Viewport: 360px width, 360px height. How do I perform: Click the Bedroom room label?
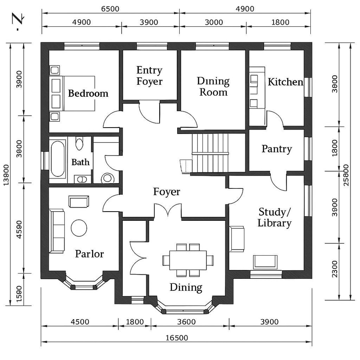(88, 94)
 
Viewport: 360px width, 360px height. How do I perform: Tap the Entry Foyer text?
(149, 76)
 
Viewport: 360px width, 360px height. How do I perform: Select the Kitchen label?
(285, 82)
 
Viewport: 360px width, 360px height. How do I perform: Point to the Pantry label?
(276, 149)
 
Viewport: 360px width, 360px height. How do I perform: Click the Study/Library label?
(274, 217)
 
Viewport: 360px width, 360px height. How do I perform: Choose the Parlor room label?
(90, 254)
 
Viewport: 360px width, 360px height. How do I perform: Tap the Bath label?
(80, 162)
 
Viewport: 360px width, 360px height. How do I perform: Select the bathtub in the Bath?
(58, 159)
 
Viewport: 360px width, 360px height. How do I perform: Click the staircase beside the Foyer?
(210, 152)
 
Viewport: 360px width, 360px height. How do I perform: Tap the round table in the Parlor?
(79, 228)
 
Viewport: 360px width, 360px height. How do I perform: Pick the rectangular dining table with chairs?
(188, 260)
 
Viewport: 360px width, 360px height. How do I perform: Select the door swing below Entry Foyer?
(149, 112)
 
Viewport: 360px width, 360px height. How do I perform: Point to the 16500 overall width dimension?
(176, 338)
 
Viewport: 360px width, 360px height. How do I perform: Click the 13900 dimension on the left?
(5, 175)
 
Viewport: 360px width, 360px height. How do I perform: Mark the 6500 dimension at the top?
(110, 9)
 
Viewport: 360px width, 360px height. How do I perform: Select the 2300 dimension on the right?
(335, 268)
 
